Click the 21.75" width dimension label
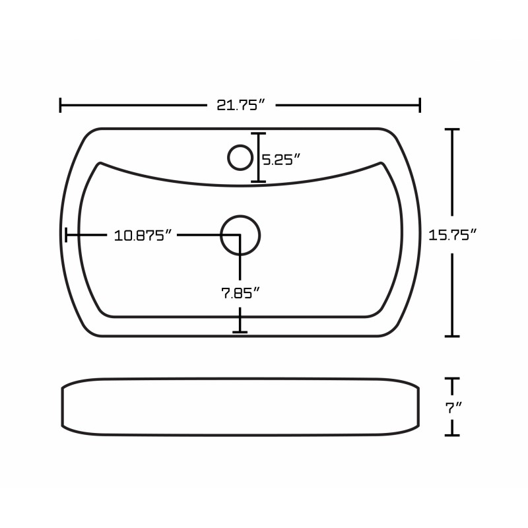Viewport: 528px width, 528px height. click(x=241, y=105)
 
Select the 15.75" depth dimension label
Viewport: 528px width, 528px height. click(x=453, y=235)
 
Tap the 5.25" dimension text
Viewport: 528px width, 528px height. click(x=281, y=159)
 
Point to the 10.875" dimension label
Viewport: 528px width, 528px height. click(x=143, y=236)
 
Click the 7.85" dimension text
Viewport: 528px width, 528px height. click(x=241, y=293)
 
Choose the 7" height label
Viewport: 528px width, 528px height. click(x=453, y=409)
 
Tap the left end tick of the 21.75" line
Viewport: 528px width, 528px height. click(x=60, y=105)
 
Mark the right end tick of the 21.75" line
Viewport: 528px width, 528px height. click(x=420, y=105)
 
